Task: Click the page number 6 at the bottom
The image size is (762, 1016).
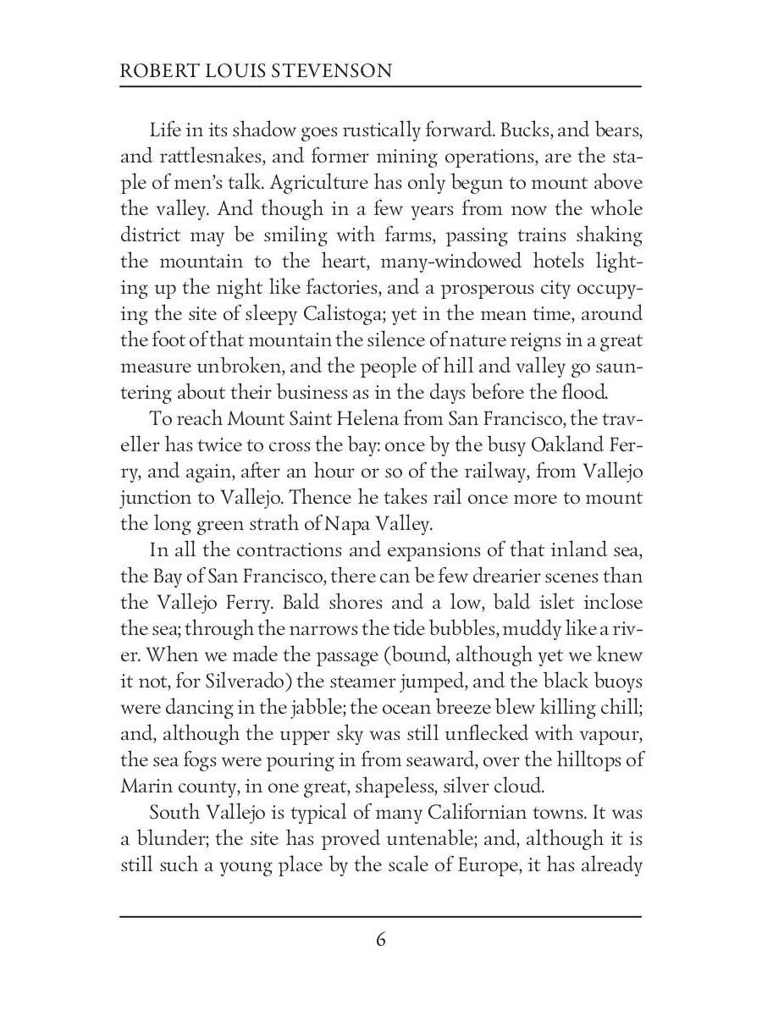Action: (x=381, y=940)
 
